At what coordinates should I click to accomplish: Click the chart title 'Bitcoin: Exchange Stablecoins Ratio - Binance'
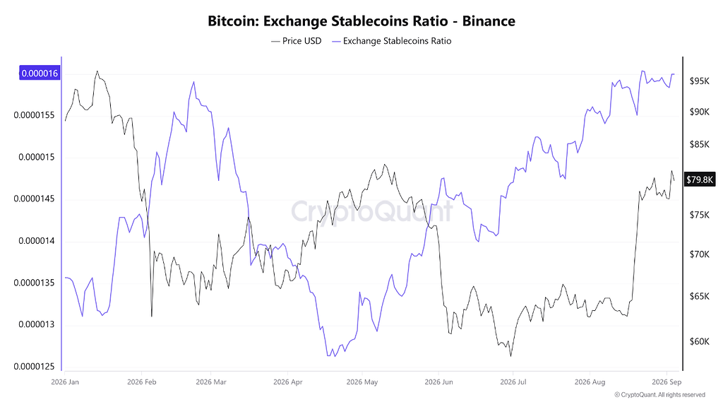tap(361, 21)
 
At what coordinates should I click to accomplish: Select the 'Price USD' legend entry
tap(296, 41)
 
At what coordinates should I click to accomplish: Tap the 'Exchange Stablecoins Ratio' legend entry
tap(391, 41)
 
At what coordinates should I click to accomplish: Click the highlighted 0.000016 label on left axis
tap(40, 73)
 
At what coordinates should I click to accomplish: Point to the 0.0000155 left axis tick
tap(34, 115)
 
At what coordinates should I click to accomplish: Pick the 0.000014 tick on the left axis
tap(37, 241)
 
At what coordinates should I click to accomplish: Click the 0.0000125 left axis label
tap(34, 367)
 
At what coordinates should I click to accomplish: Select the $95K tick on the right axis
tap(699, 81)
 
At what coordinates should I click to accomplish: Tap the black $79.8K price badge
tap(700, 179)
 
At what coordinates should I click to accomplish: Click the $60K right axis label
tap(699, 341)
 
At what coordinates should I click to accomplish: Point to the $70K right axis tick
tap(699, 254)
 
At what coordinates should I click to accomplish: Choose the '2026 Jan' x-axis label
tap(65, 382)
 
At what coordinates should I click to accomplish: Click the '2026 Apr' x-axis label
tap(288, 382)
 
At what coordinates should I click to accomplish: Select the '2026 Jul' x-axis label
tap(513, 382)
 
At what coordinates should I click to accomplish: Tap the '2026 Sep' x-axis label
tap(667, 382)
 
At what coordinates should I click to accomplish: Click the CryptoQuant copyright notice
tap(660, 395)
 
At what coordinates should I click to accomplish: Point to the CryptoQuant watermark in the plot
tap(371, 211)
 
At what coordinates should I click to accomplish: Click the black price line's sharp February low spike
tap(152, 317)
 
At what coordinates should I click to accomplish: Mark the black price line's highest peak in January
tap(97, 71)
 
